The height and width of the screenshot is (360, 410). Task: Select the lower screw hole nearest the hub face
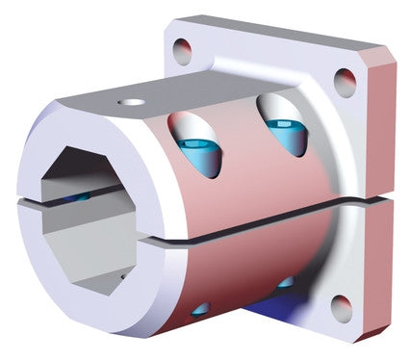pos(200,309)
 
